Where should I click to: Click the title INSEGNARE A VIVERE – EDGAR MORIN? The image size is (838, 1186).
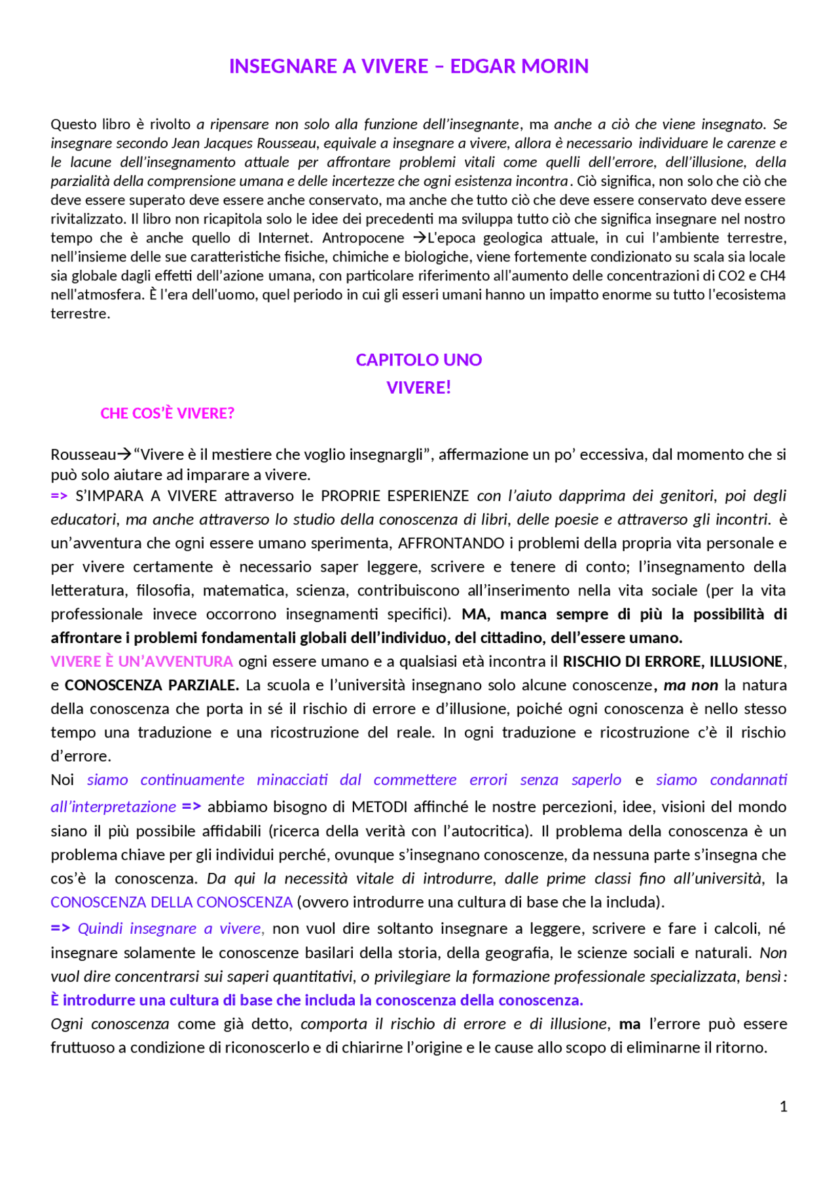click(x=409, y=66)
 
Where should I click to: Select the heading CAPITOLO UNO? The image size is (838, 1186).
click(x=418, y=360)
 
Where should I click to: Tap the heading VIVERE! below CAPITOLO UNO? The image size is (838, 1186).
click(x=418, y=388)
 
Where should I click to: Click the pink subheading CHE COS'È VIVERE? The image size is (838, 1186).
click(x=167, y=413)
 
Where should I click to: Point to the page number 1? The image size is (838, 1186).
click(x=783, y=1106)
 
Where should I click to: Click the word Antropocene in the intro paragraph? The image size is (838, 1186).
click(x=363, y=238)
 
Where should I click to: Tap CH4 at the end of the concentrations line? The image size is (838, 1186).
click(x=773, y=276)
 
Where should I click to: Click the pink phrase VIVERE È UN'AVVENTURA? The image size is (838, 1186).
click(x=141, y=661)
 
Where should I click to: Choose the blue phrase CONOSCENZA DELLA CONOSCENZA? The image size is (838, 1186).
click(x=172, y=902)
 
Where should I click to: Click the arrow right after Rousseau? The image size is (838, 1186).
click(x=124, y=454)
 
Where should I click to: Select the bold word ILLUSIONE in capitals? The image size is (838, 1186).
click(x=746, y=661)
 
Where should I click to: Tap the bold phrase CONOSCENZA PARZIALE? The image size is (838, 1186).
click(x=152, y=685)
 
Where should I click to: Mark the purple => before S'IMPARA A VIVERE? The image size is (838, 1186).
click(x=59, y=496)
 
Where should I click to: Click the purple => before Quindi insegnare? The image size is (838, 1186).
click(x=60, y=928)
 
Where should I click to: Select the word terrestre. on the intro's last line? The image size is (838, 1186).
click(x=81, y=314)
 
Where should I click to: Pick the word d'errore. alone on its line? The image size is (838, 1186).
click(x=81, y=756)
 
